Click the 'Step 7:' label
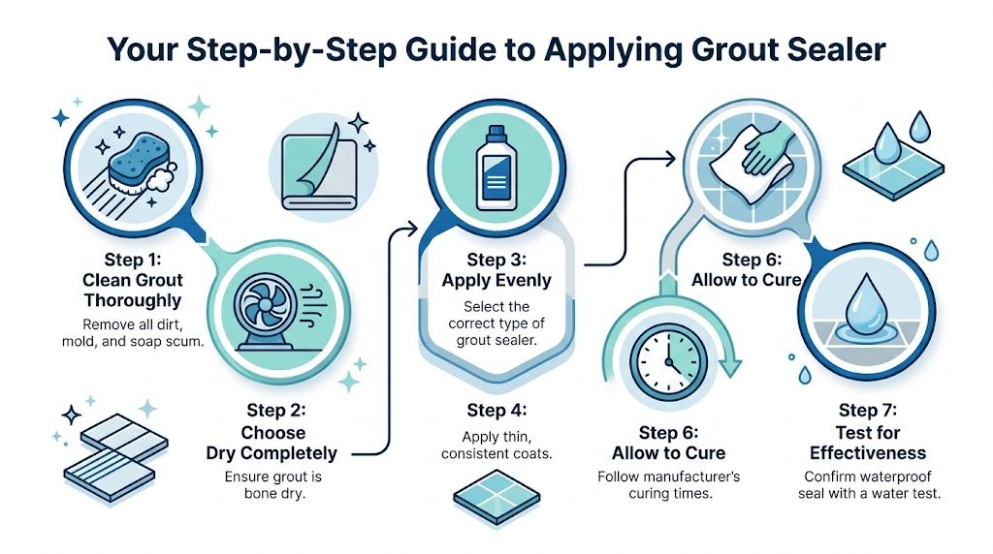point(868,411)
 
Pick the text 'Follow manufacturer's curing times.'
point(668,485)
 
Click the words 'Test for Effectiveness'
point(868,443)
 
